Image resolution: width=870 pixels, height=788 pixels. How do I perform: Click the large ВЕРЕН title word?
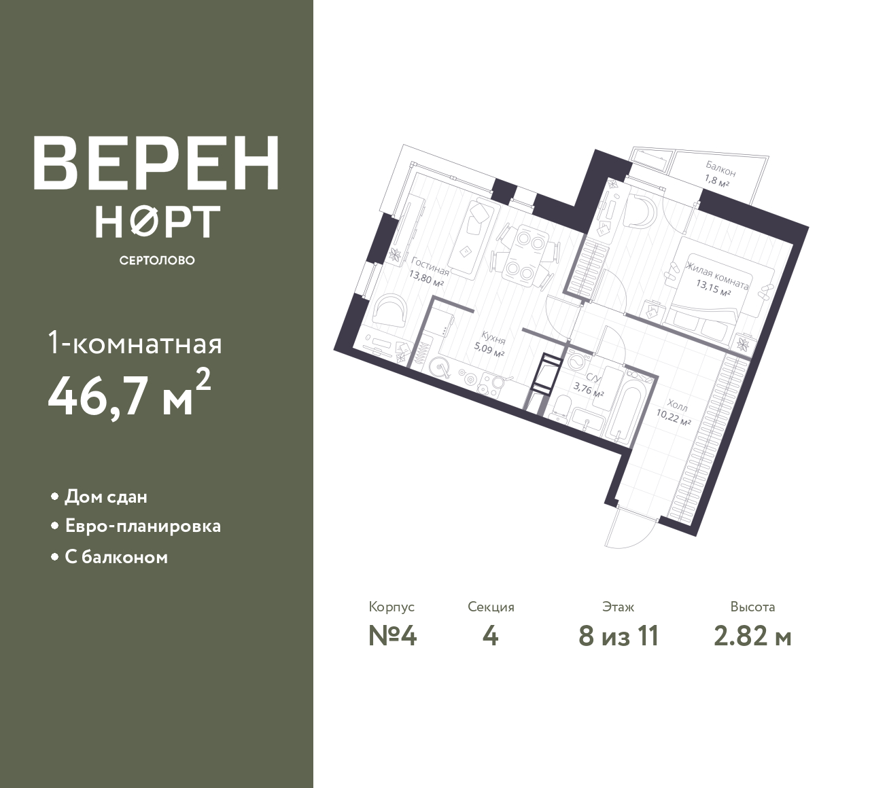pyautogui.click(x=156, y=164)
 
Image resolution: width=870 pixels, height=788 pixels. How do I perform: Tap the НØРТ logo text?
pyautogui.click(x=158, y=221)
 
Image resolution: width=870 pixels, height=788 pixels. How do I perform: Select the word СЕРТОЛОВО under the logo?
pyautogui.click(x=157, y=260)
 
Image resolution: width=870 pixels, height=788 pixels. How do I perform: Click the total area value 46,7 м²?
pyautogui.click(x=130, y=394)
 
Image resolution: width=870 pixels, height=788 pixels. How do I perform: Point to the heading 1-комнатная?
pyautogui.click(x=135, y=344)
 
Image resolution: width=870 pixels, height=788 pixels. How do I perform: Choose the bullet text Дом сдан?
pyautogui.click(x=106, y=497)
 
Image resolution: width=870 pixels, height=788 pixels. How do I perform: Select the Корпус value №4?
pyautogui.click(x=392, y=637)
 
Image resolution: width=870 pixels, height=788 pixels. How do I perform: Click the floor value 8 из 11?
pyautogui.click(x=619, y=637)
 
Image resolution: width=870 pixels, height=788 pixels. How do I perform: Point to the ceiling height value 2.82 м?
pyautogui.click(x=752, y=637)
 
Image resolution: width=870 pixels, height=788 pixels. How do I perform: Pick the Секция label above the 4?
pyautogui.click(x=491, y=607)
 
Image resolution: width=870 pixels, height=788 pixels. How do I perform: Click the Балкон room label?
pyautogui.click(x=720, y=169)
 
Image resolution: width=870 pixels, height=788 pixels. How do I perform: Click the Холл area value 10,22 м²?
pyautogui.click(x=673, y=418)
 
